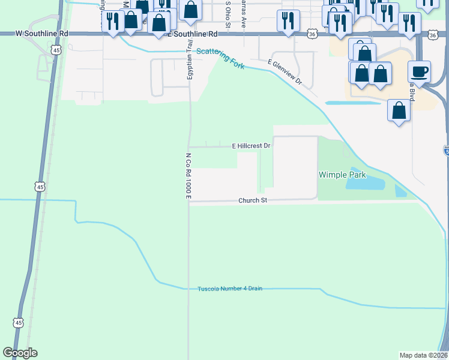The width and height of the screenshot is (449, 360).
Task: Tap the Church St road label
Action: coord(252,200)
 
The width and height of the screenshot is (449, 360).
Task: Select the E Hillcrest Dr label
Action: coord(252,146)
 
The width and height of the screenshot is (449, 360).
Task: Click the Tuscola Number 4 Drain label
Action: coord(230,289)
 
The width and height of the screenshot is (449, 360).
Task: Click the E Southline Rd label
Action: coord(190,34)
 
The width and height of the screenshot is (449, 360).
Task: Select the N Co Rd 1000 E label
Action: coord(188,176)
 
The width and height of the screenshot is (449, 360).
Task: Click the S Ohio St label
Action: coord(228,14)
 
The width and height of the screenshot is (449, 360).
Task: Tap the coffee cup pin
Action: coord(420,71)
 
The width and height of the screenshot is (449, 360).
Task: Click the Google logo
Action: coord(20,353)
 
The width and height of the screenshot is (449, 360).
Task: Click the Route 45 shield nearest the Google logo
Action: coord(19,323)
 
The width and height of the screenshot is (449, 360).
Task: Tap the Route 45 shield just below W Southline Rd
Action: coord(55,50)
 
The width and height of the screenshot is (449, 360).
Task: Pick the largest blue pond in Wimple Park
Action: coord(367,181)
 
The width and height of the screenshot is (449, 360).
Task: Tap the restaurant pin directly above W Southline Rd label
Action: coord(112,22)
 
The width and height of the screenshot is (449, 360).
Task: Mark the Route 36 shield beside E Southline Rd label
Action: coord(312,34)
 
